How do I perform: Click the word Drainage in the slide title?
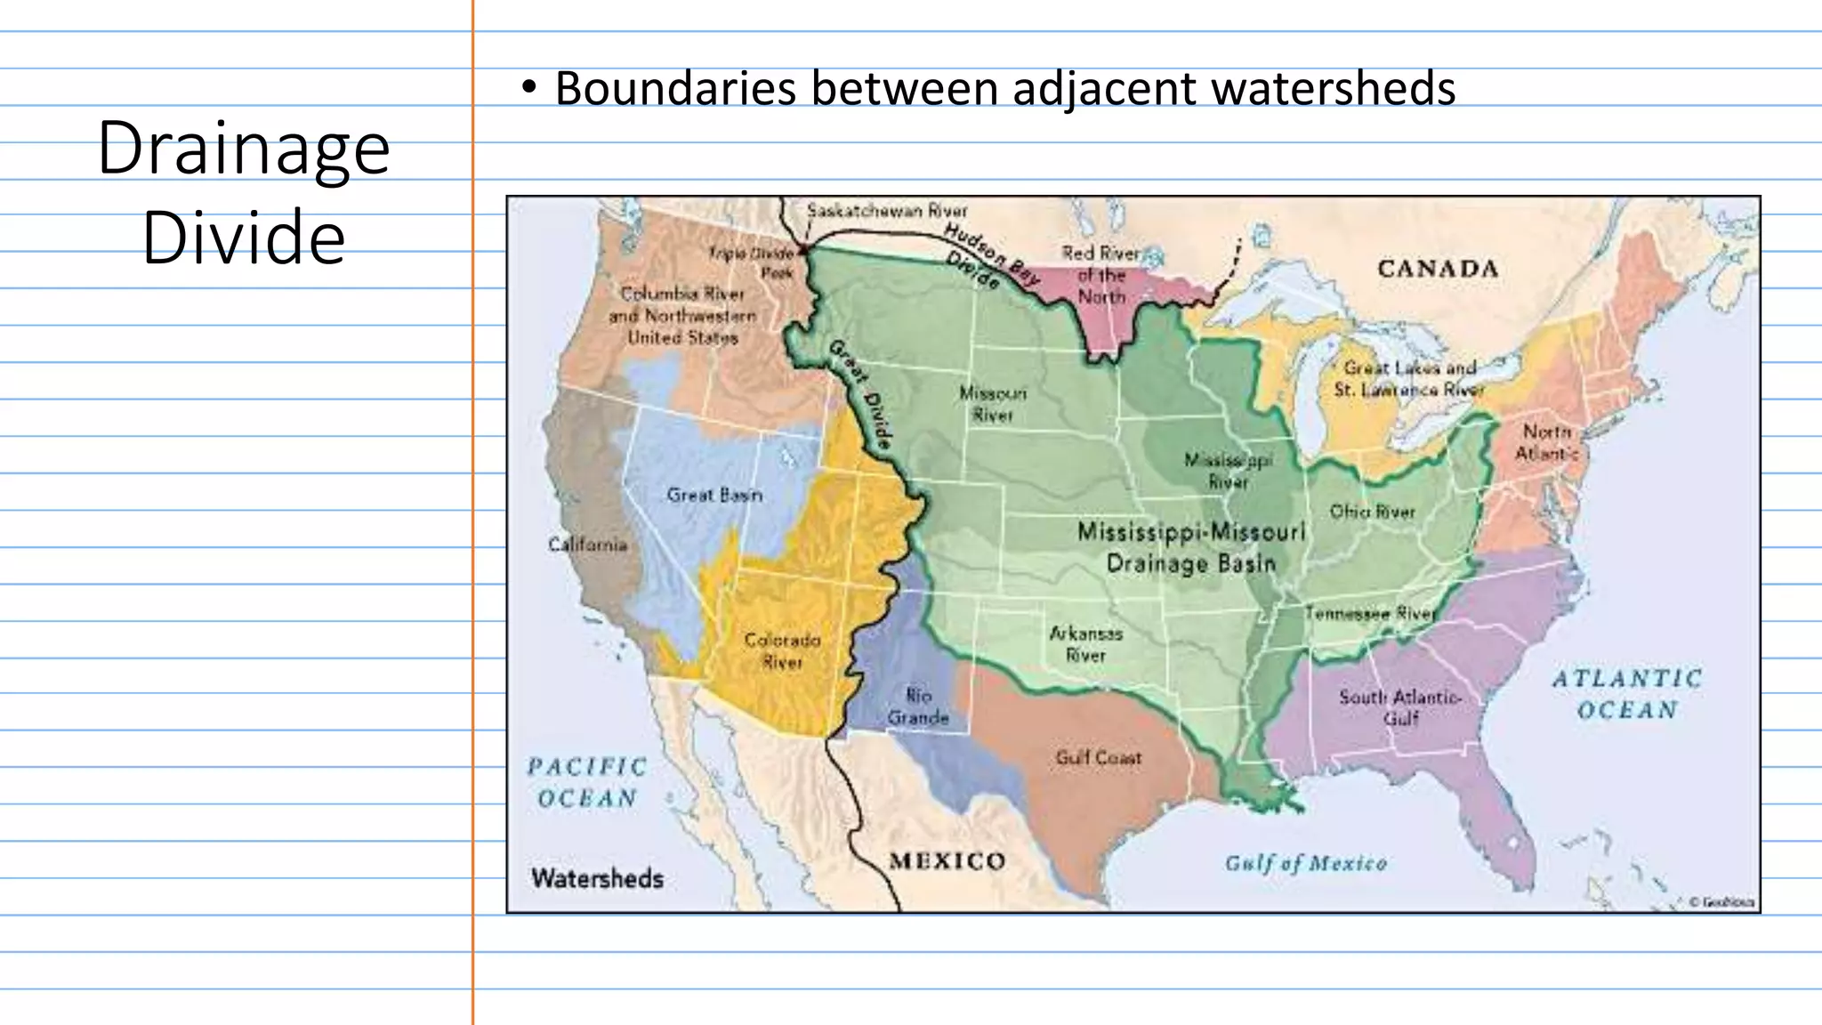pos(243,149)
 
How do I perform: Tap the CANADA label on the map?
pos(1438,269)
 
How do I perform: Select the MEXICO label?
pos(947,861)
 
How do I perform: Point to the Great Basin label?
pos(714,495)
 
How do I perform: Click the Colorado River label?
pos(782,650)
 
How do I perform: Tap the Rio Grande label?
pos(918,706)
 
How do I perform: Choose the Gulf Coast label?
pos(1098,758)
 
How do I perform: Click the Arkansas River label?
pos(1085,644)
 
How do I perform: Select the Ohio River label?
pos(1372,512)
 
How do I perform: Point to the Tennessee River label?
pos(1369,613)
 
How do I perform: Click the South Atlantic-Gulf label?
pos(1400,707)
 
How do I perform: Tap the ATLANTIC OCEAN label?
pos(1627,694)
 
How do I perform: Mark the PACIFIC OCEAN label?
pos(587,782)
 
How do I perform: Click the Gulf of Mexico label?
pos(1305,863)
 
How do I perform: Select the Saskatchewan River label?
pos(886,211)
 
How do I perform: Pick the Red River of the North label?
pos(1101,275)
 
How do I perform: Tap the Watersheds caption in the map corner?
pos(597,878)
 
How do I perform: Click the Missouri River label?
pos(993,404)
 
